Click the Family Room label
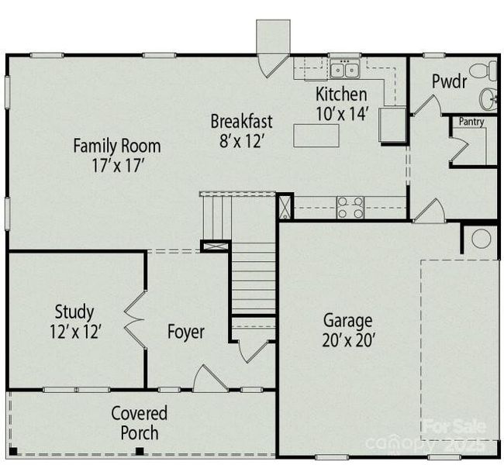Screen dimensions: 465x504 click(117, 145)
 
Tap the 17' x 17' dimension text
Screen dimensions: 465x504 click(117, 164)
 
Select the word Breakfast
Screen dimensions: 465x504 click(241, 122)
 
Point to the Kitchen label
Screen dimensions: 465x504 click(341, 95)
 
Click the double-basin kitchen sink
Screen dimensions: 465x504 click(344, 71)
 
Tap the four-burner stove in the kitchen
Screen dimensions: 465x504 click(350, 207)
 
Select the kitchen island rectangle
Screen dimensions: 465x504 click(317, 136)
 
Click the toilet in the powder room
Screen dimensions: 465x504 click(483, 72)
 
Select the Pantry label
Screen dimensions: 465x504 click(471, 122)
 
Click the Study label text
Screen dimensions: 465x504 click(74, 312)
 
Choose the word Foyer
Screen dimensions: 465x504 click(186, 332)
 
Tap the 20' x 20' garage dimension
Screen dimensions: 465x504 click(348, 339)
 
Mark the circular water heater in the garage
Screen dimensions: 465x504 click(481, 239)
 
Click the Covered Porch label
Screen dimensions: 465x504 click(139, 422)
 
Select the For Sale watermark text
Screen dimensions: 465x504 click(454, 425)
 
